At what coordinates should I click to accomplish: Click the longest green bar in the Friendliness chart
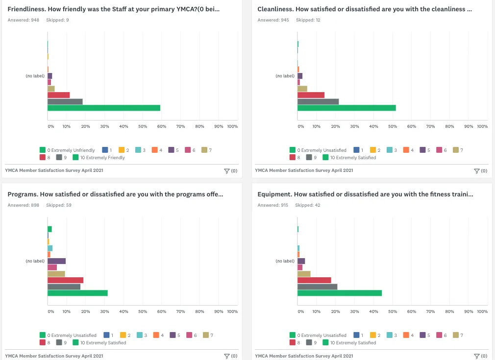pyautogui.click(x=103, y=108)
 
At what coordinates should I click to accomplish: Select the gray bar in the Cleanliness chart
pyautogui.click(x=318, y=101)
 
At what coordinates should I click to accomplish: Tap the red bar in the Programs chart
pyautogui.click(x=65, y=280)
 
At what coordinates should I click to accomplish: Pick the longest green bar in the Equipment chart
pyautogui.click(x=339, y=293)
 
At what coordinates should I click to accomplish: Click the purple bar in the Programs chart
pyautogui.click(x=56, y=261)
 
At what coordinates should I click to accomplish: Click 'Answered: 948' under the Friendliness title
pyautogui.click(x=24, y=20)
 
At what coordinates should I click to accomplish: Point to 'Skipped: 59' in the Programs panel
pyautogui.click(x=58, y=205)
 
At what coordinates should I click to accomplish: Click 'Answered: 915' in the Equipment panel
pyautogui.click(x=273, y=205)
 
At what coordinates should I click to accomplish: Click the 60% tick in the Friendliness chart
pyautogui.click(x=162, y=126)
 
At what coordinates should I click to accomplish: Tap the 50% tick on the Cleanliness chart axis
pyautogui.click(x=393, y=126)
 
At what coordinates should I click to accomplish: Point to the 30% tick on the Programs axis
pyautogui.click(x=104, y=312)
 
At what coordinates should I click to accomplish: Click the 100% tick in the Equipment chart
pyautogui.click(x=482, y=312)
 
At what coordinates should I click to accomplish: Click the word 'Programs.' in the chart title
pyautogui.click(x=23, y=194)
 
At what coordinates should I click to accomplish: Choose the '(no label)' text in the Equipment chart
pyautogui.click(x=285, y=261)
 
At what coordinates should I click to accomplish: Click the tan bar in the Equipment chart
pyautogui.click(x=304, y=274)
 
